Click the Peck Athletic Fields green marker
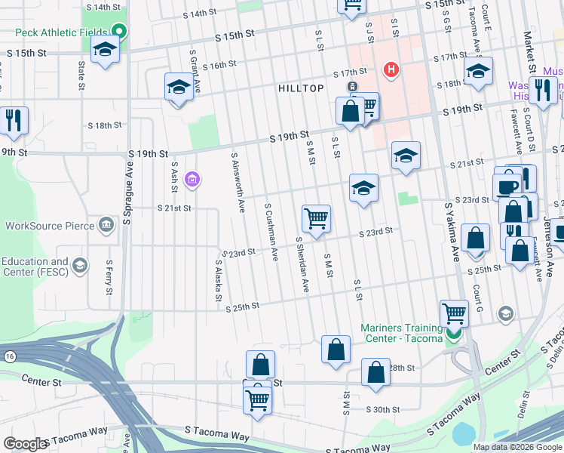pyautogui.click(x=118, y=31)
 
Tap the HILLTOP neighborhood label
pyautogui.click(x=301, y=88)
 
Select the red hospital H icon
pyautogui.click(x=391, y=70)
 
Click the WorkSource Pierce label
pyautogui.click(x=51, y=225)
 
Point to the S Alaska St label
pyautogui.click(x=217, y=281)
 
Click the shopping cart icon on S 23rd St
pyautogui.click(x=316, y=218)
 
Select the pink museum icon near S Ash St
pyautogui.click(x=192, y=179)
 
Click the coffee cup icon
pyautogui.click(x=507, y=186)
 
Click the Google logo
pyautogui.click(x=24, y=444)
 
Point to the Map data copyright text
pyautogui.click(x=516, y=447)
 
